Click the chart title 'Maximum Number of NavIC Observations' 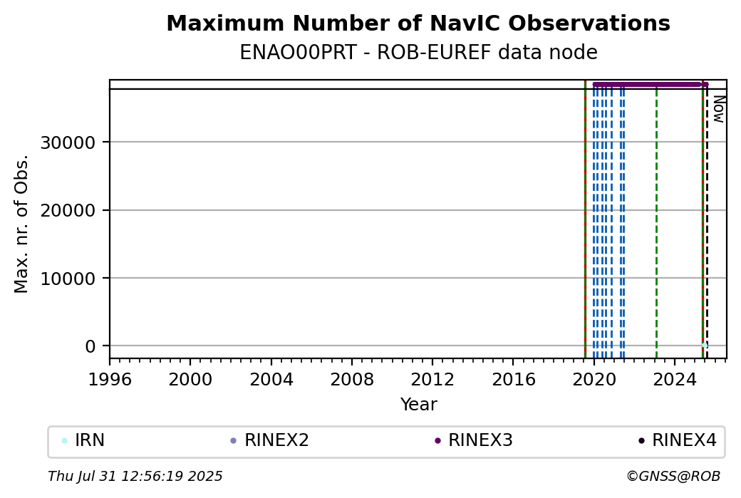pyautogui.click(x=418, y=23)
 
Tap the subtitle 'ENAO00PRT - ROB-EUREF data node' pyautogui.click(x=418, y=52)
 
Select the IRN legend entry pyautogui.click(x=83, y=440)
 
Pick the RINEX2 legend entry pyautogui.click(x=269, y=440)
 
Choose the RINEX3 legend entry pyautogui.click(x=474, y=440)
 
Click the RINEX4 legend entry pyautogui.click(x=678, y=440)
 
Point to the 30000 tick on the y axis pyautogui.click(x=68, y=142)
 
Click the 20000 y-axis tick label pyautogui.click(x=68, y=210)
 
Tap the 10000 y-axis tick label pyautogui.click(x=68, y=279)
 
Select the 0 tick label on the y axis pyautogui.click(x=90, y=346)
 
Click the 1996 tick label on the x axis pyautogui.click(x=110, y=380)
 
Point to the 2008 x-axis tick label pyautogui.click(x=351, y=380)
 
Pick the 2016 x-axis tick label pyautogui.click(x=513, y=380)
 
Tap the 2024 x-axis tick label pyautogui.click(x=675, y=380)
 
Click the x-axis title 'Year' pyautogui.click(x=418, y=405)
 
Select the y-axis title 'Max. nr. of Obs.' pyautogui.click(x=21, y=224)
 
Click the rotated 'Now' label pyautogui.click(x=718, y=109)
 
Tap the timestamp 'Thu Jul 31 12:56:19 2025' pyautogui.click(x=135, y=476)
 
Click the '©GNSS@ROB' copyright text pyautogui.click(x=673, y=476)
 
